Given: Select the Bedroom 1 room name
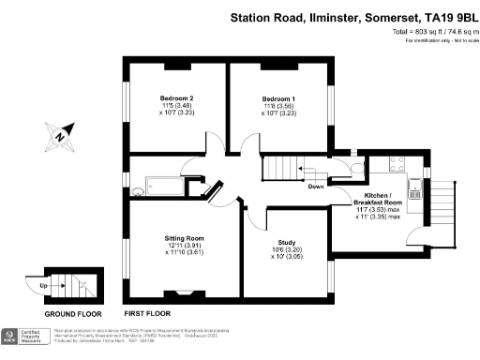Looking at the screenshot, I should [x=278, y=98].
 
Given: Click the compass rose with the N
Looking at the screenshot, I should [x=58, y=139].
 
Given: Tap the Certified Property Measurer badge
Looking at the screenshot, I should [x=36, y=337].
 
